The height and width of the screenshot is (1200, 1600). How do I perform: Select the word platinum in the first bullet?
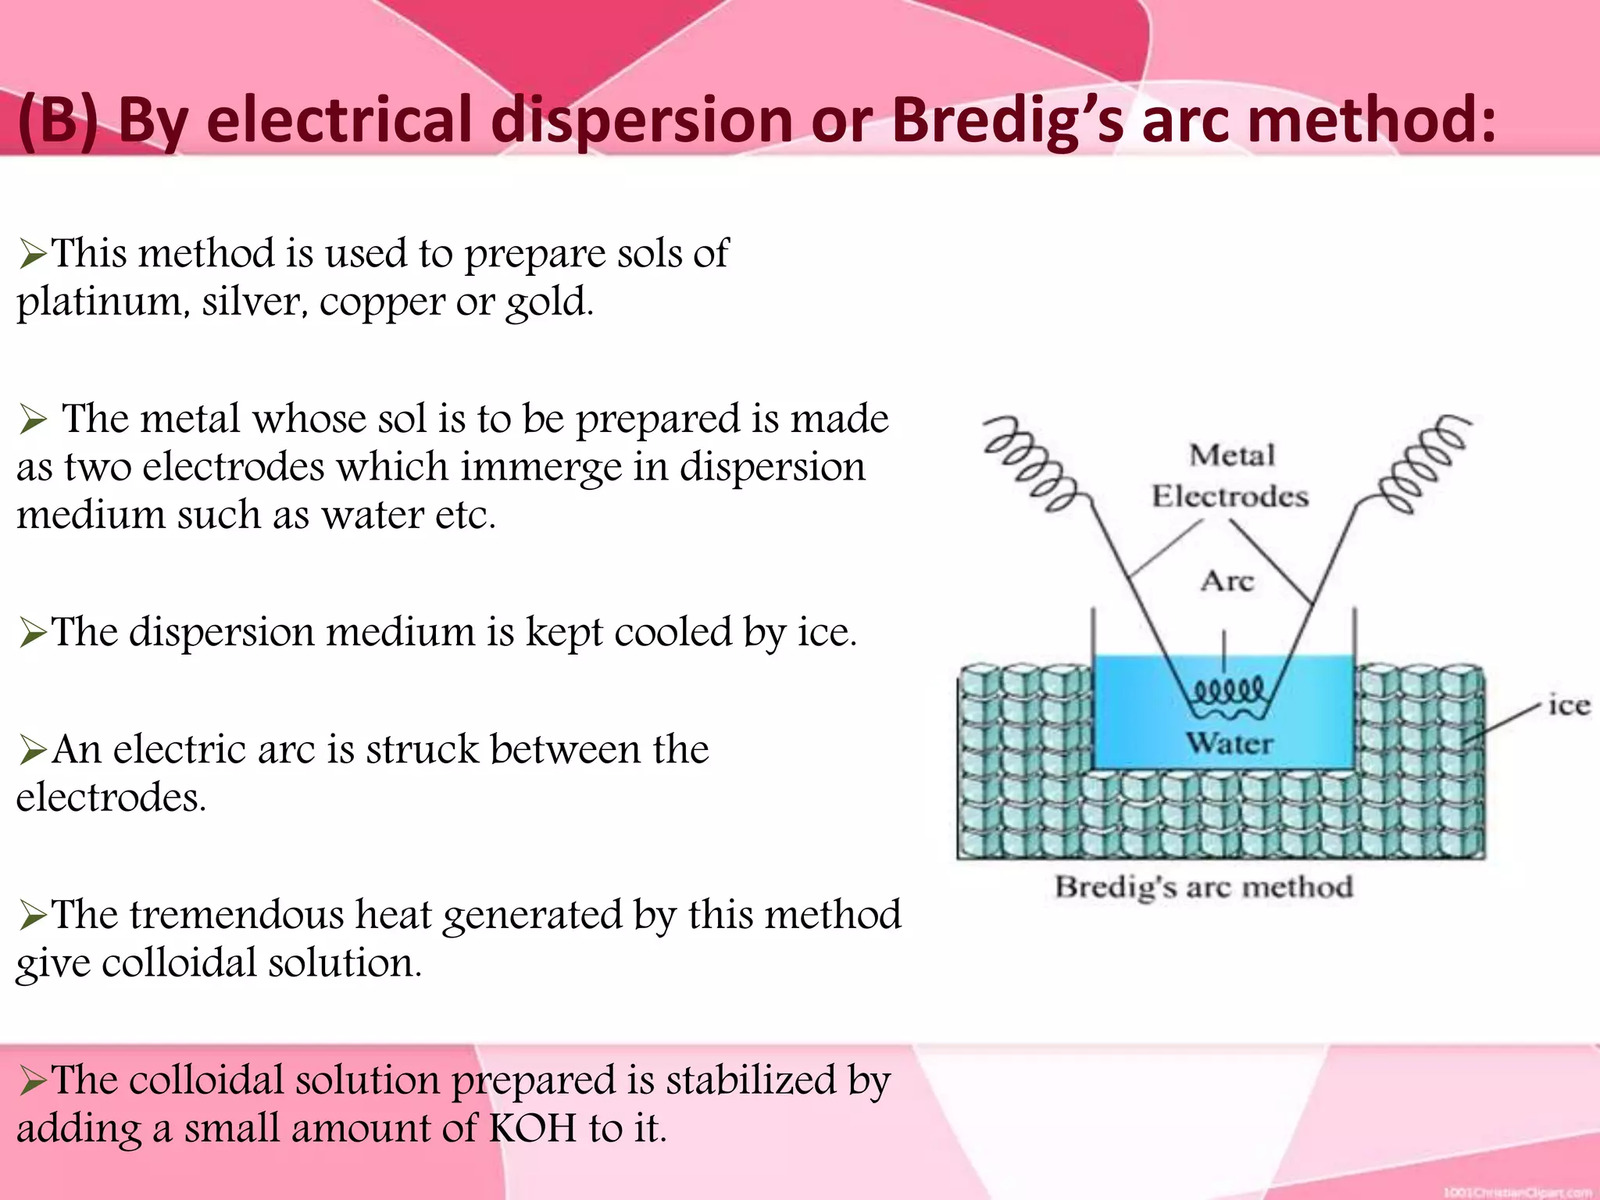pos(102,302)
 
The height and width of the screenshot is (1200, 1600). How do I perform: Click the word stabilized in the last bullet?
pos(750,1081)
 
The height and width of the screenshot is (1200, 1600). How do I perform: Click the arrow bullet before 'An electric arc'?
pos(33,751)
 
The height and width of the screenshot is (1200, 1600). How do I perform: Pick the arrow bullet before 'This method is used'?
pos(33,255)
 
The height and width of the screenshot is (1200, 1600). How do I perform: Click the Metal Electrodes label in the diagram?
pos(1230,476)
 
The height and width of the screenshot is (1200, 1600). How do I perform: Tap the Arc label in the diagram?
pos(1227,581)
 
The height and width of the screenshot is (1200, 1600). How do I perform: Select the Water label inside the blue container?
pos(1229,742)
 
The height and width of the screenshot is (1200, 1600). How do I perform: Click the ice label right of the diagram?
pos(1568,705)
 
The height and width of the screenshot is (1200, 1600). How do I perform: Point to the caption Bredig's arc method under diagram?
pos(1203,887)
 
